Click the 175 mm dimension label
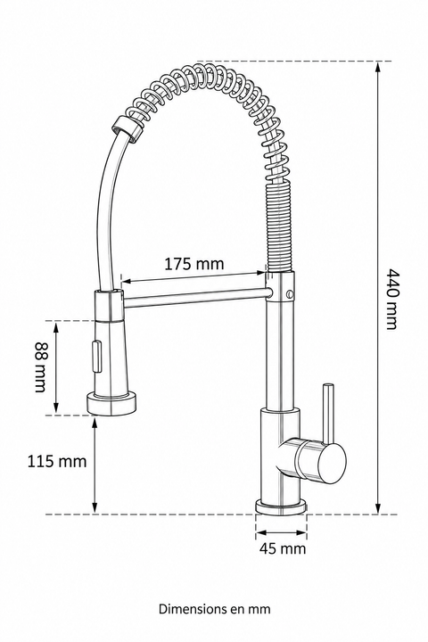194,264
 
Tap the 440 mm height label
392,299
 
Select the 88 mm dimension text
40,366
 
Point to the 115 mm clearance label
57,461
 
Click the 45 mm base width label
282,548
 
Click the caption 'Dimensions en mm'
215,609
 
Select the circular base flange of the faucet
281,506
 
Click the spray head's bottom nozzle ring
111,403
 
